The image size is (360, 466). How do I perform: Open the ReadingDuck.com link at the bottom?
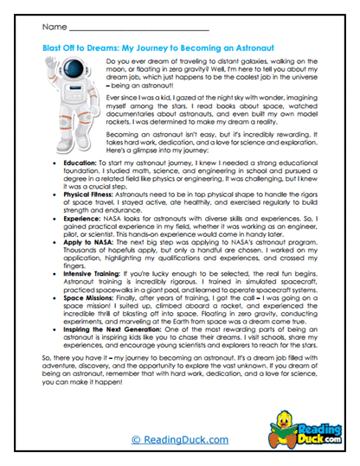point(180,442)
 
